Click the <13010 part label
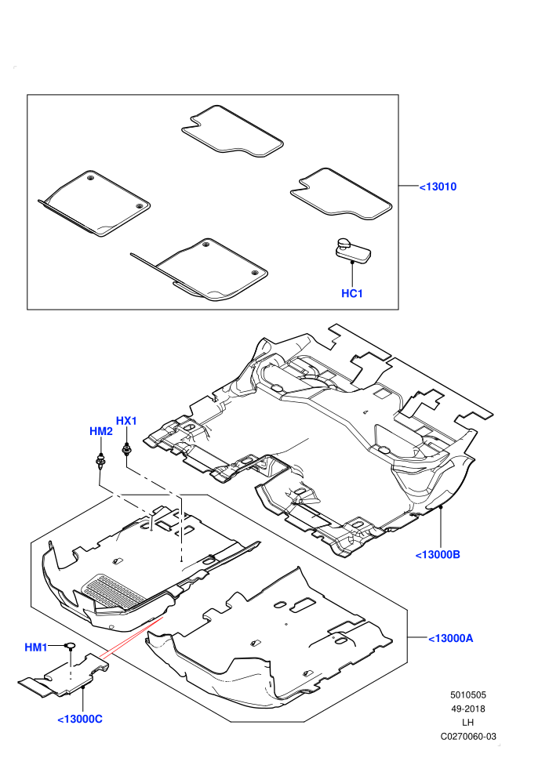(x=438, y=187)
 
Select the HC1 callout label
(x=352, y=293)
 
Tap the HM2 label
(x=101, y=431)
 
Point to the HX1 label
(x=126, y=421)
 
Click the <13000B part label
(x=438, y=555)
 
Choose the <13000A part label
(x=450, y=638)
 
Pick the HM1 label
(x=36, y=647)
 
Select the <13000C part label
(x=80, y=719)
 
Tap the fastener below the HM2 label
(x=100, y=461)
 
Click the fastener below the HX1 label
(x=127, y=450)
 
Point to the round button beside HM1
(x=70, y=645)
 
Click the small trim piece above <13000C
(x=64, y=676)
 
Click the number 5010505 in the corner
(x=467, y=695)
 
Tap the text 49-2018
(x=467, y=709)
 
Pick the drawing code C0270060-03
(x=468, y=736)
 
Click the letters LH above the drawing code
(x=467, y=723)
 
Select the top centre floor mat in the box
(x=231, y=131)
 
